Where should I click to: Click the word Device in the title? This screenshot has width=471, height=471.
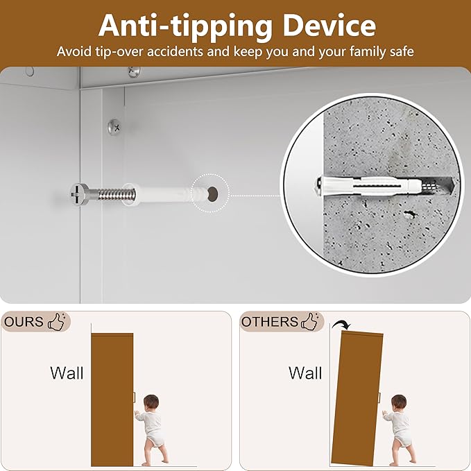tap(329, 26)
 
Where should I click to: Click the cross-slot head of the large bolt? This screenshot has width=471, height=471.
tap(79, 195)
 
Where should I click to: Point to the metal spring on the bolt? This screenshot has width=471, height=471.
tap(116, 195)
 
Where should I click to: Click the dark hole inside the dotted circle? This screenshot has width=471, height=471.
tap(212, 193)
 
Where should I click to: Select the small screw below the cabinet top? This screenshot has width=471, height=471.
tap(114, 127)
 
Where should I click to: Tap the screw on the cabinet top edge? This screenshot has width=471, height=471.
tap(135, 71)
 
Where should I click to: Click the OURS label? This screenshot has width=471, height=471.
tap(24, 322)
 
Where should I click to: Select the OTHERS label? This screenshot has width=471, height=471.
tap(270, 322)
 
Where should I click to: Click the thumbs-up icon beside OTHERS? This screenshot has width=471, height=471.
tap(310, 322)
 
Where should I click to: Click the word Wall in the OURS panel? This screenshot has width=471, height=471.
tap(67, 373)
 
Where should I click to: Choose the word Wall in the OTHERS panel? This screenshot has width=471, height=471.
tap(305, 373)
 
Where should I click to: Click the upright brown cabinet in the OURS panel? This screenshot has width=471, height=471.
tap(112, 400)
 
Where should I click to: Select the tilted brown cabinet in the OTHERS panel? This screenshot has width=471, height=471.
tap(357, 398)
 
